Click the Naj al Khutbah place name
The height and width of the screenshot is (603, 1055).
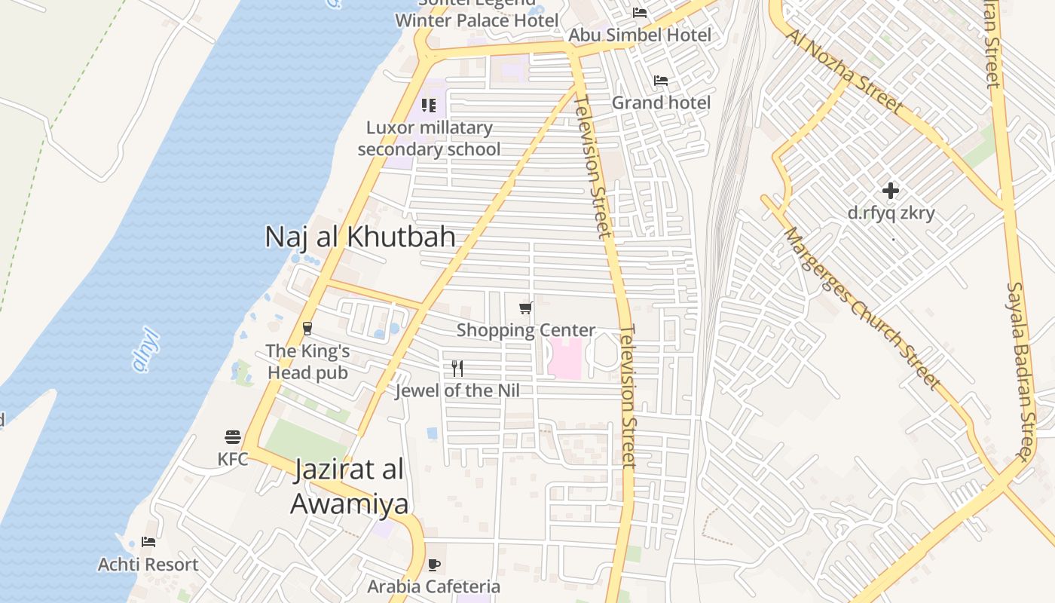pos(360,237)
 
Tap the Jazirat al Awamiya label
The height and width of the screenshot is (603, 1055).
pos(350,487)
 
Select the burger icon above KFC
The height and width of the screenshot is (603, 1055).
pos(233,437)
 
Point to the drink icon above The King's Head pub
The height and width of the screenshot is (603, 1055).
pos(307,329)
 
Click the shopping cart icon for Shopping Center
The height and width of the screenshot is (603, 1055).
pos(526,308)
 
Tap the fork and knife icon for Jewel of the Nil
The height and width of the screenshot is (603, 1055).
pos(457,369)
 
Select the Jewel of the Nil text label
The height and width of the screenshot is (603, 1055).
pos(457,390)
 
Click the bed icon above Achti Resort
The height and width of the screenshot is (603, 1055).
pos(148,542)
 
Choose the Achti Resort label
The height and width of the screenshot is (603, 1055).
pos(148,565)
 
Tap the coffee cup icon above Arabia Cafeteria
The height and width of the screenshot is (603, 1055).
pos(434,565)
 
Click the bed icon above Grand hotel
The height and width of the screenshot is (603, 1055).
pos(661,81)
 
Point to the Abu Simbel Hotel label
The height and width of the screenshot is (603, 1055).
pos(640,35)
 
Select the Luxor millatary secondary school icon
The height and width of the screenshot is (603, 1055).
pos(429,106)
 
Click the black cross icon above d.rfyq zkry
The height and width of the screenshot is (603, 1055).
pos(891,191)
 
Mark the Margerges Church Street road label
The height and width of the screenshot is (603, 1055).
pos(862,309)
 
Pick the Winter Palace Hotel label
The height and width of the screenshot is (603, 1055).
pos(477,20)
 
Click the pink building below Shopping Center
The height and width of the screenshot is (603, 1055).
pos(565,359)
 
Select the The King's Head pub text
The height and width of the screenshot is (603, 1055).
pos(307,362)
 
